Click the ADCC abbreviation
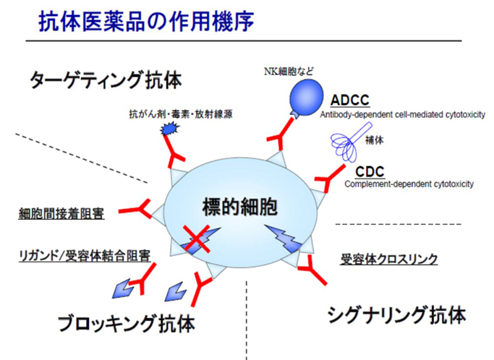click(x=351, y=100)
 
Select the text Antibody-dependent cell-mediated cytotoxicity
click(x=402, y=113)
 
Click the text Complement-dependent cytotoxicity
click(x=409, y=184)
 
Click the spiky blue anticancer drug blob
click(x=169, y=129)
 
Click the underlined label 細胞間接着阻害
click(x=61, y=215)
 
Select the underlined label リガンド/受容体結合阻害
click(x=84, y=255)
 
